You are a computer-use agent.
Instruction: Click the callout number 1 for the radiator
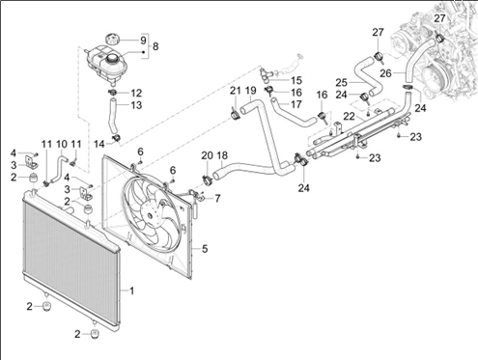131,291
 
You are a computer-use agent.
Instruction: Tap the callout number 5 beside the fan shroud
205,249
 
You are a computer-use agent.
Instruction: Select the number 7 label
217,199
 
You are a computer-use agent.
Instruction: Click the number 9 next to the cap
143,41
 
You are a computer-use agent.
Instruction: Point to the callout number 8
155,46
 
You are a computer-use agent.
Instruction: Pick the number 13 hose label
136,105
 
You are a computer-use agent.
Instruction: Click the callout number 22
349,116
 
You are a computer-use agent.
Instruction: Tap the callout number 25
342,83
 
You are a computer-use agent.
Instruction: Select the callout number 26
385,73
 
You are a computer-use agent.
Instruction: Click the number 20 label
207,155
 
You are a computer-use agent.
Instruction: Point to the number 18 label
222,155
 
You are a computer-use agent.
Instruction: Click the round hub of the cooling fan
149,215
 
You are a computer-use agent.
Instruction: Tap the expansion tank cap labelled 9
112,40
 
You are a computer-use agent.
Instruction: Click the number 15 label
296,80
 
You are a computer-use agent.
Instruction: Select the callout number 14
99,144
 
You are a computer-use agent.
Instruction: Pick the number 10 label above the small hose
62,144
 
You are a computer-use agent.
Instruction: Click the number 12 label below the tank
136,93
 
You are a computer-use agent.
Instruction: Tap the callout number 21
235,91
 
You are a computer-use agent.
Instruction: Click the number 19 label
250,91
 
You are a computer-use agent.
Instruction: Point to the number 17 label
296,104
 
